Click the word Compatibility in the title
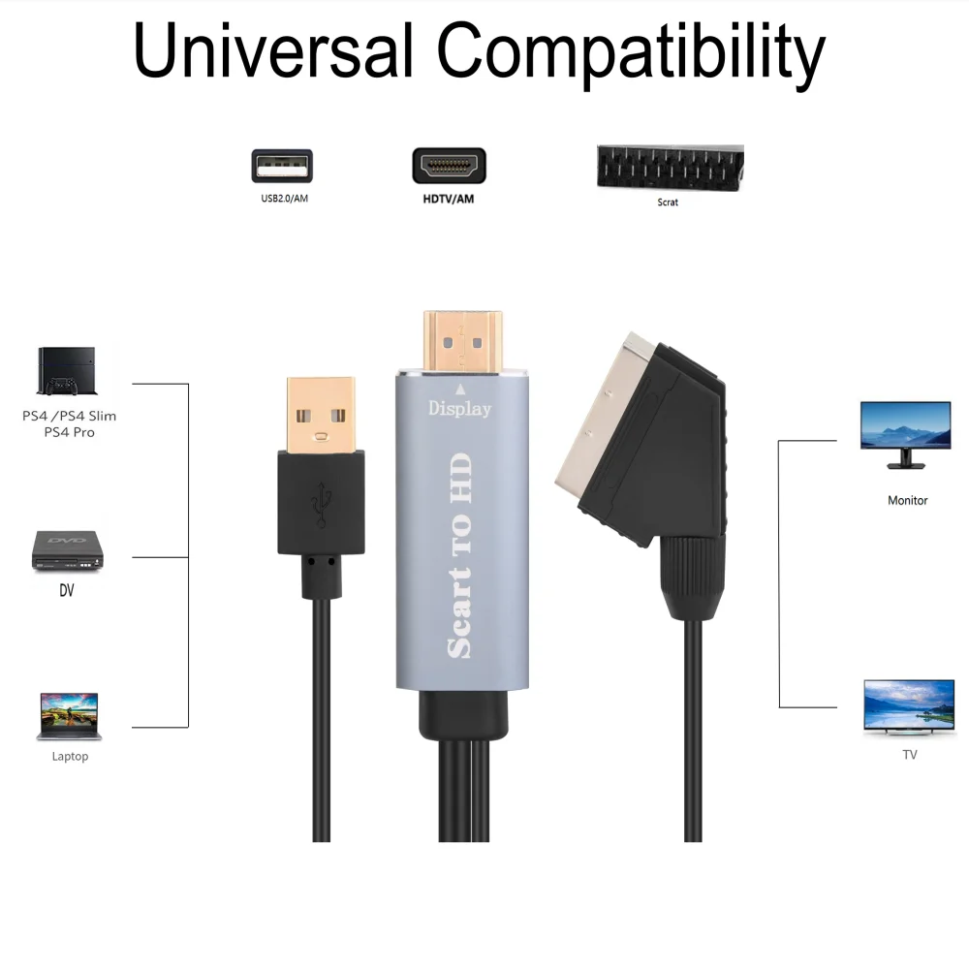(x=631, y=54)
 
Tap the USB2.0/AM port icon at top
(x=282, y=166)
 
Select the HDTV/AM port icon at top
(x=450, y=166)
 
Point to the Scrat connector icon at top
(x=670, y=168)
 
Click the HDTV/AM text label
(x=449, y=199)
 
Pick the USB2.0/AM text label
(x=284, y=199)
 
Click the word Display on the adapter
(x=460, y=409)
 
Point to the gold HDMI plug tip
(x=463, y=339)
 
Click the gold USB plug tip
(x=321, y=412)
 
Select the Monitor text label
(x=907, y=501)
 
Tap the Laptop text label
(x=70, y=757)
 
